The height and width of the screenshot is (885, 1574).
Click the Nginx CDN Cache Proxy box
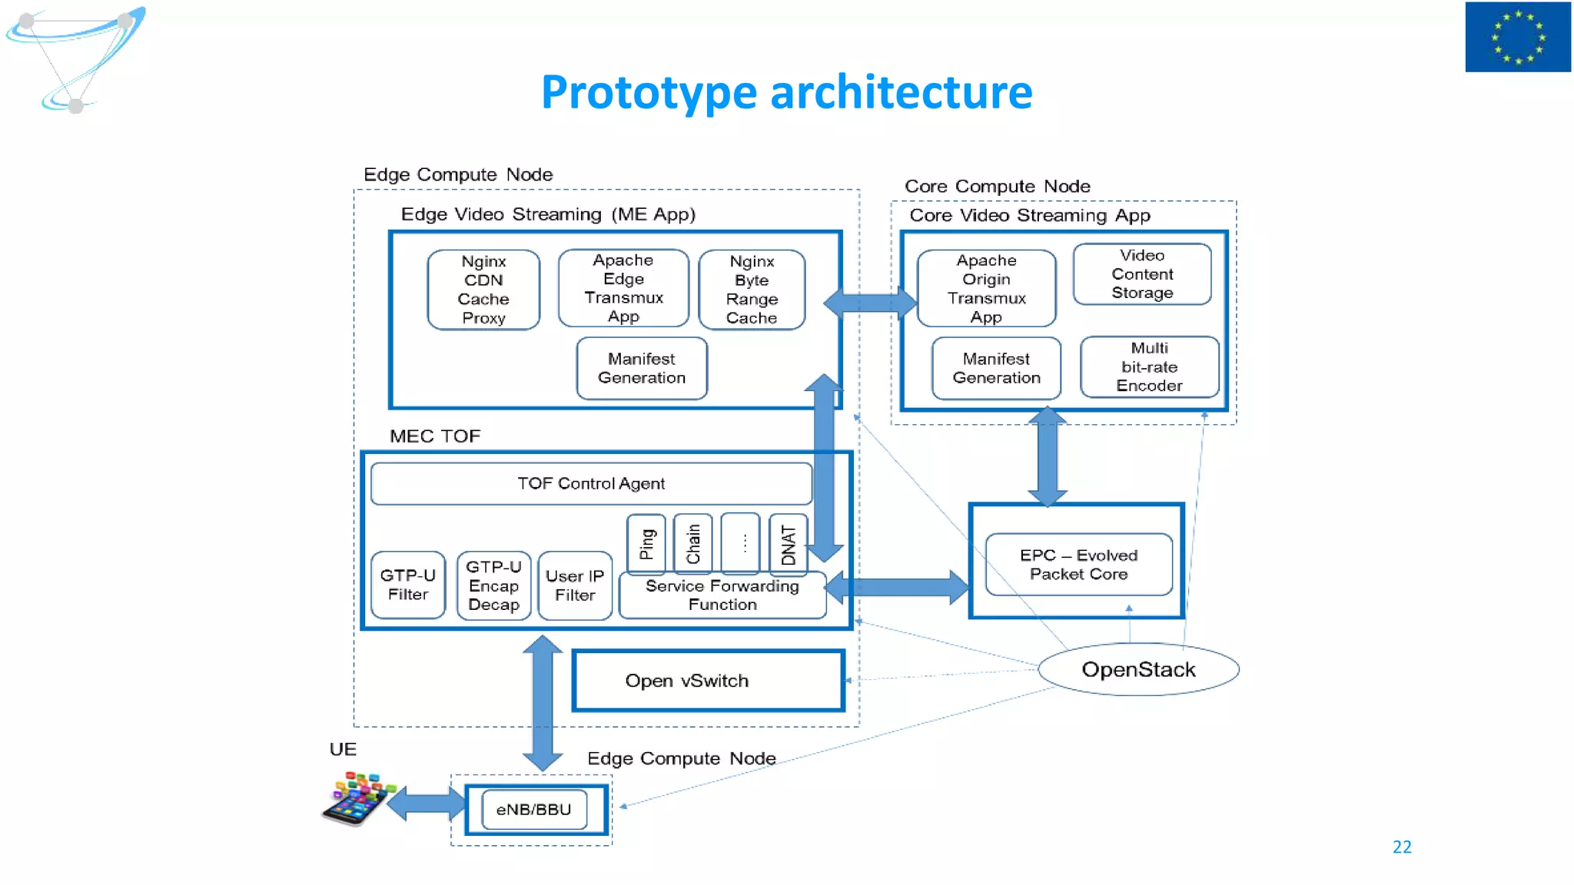click(483, 290)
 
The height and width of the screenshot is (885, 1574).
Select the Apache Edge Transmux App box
click(623, 288)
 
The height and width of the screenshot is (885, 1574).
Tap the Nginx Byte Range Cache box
click(752, 290)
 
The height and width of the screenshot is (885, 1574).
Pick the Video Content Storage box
click(1142, 274)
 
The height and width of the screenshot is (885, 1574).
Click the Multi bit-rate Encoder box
click(1149, 367)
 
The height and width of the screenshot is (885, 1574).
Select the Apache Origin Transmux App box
click(986, 289)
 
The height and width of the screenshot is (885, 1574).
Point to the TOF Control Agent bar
click(591, 483)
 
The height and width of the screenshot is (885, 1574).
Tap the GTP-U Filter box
click(408, 585)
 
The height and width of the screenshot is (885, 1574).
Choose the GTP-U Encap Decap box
click(493, 585)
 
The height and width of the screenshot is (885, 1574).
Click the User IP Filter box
click(575, 585)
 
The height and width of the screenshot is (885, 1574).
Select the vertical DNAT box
click(788, 545)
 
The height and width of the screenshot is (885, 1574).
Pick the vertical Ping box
click(646, 544)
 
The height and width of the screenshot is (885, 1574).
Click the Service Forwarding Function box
click(722, 595)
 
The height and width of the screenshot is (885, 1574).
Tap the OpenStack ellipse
click(1138, 670)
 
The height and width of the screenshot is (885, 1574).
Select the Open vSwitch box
click(708, 681)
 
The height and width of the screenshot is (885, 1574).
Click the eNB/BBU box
click(534, 810)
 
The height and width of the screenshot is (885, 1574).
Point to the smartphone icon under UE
click(356, 800)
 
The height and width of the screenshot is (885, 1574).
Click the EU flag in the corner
click(1517, 37)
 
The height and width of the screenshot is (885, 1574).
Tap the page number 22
click(1402, 847)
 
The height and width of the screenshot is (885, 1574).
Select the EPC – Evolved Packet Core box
click(1078, 565)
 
